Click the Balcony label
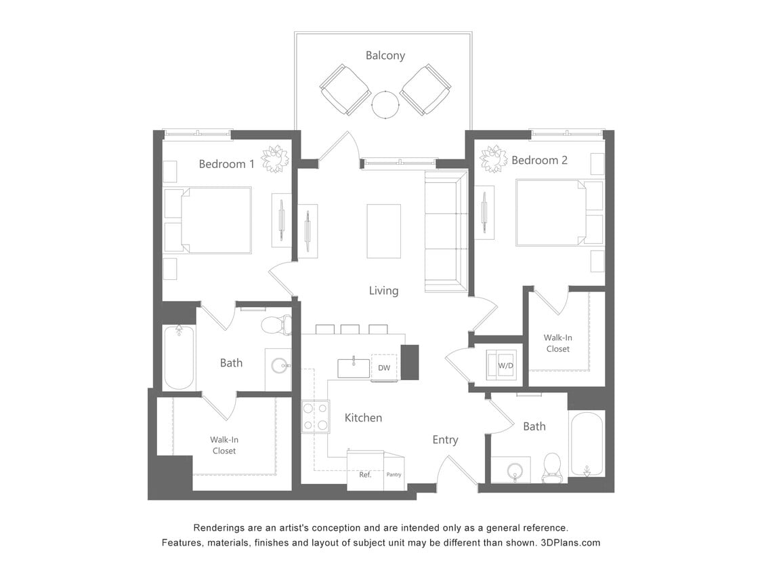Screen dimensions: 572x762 click(385, 56)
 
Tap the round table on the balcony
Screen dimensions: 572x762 click(385, 104)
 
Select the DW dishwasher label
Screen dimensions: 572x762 click(384, 367)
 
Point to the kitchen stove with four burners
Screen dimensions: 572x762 click(315, 416)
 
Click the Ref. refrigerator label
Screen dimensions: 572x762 click(365, 474)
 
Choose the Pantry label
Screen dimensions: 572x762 click(394, 474)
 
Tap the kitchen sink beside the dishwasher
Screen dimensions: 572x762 click(354, 368)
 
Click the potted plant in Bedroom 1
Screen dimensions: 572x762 click(275, 159)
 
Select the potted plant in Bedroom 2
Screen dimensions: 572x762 click(493, 159)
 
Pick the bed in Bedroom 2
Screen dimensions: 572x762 click(551, 212)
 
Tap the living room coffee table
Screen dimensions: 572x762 click(383, 231)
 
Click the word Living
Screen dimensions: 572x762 click(383, 291)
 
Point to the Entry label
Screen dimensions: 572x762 click(445, 440)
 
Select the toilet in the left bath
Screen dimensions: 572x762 click(276, 325)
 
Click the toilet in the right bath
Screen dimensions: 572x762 click(553, 468)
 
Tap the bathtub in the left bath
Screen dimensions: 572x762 click(179, 357)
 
